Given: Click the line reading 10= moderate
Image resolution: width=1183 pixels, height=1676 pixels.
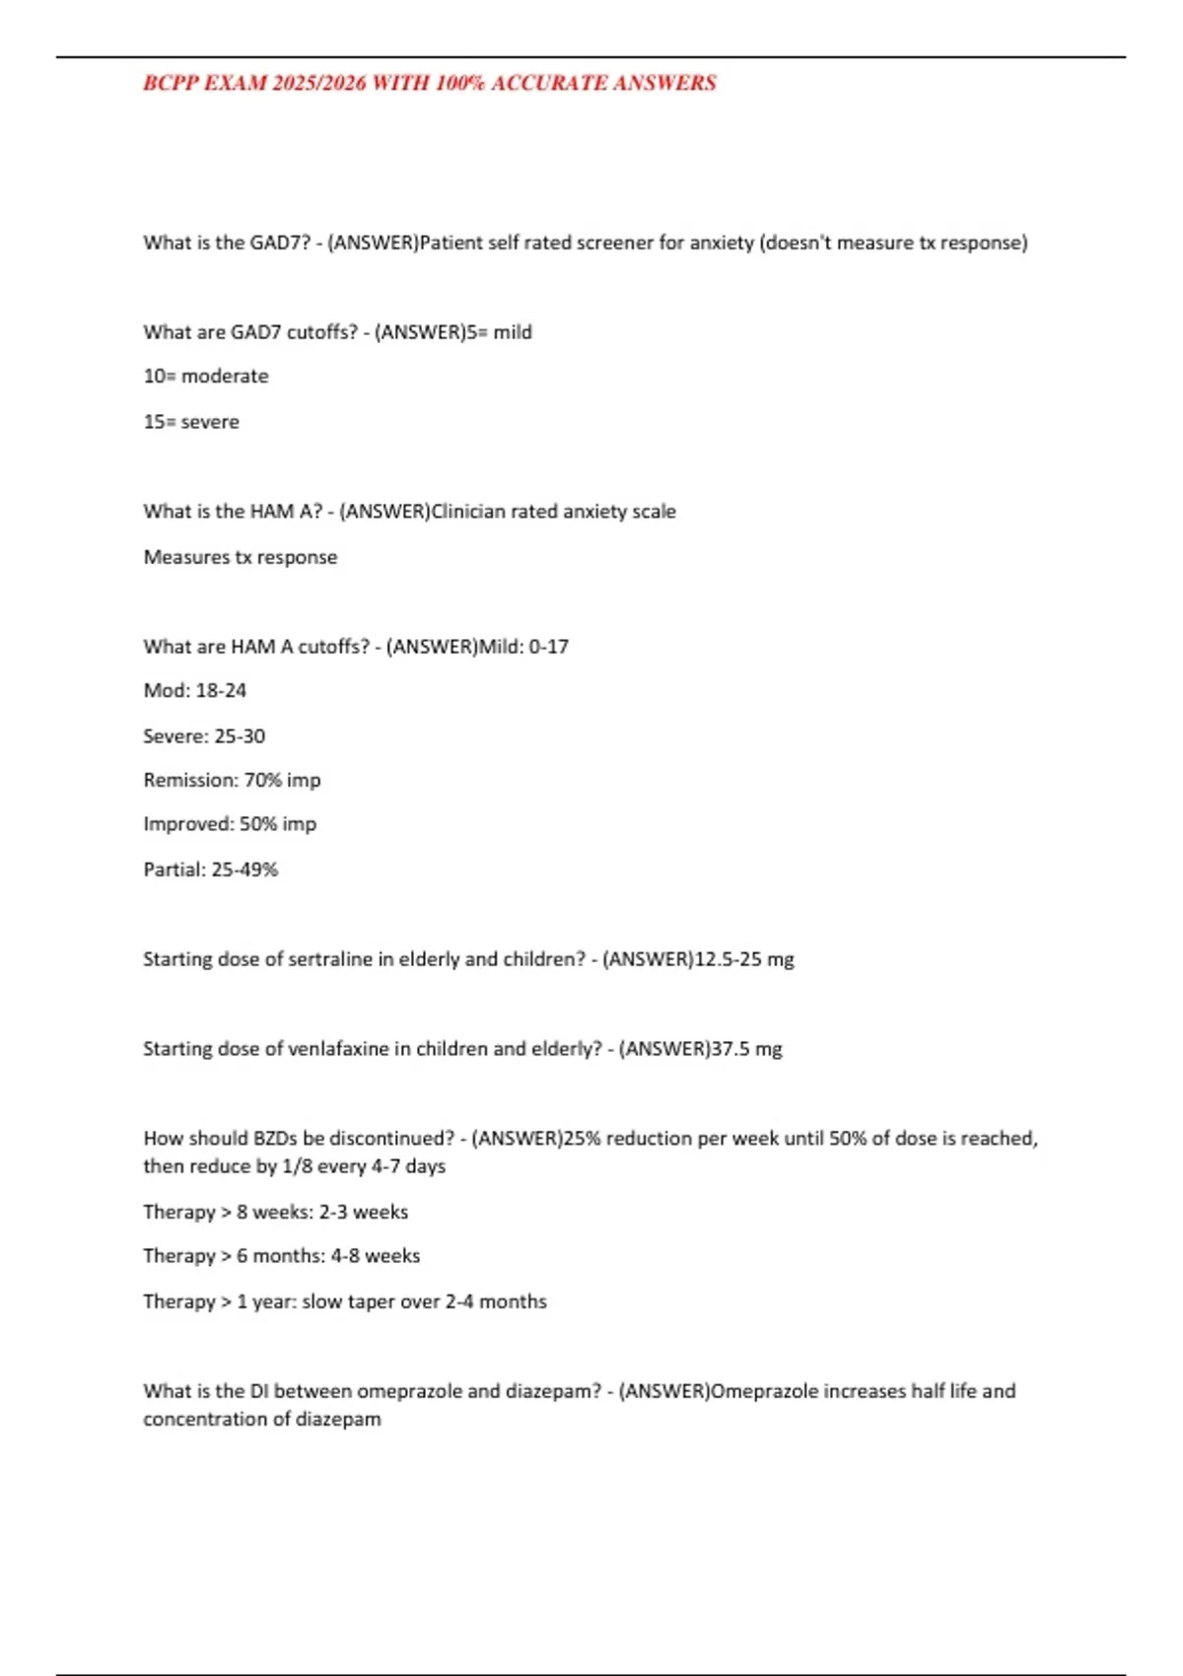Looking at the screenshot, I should tap(206, 376).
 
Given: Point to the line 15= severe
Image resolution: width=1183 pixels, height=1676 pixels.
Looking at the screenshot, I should tap(191, 421).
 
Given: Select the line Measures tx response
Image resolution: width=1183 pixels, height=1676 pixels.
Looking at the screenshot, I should tap(241, 557).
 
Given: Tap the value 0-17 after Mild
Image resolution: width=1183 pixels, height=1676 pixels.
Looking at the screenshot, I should tap(549, 647).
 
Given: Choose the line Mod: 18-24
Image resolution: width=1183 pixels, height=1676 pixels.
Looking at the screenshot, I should tap(195, 690).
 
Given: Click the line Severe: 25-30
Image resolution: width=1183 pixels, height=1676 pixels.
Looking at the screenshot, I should tap(204, 735).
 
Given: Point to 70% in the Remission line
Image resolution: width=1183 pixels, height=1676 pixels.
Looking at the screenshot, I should tap(263, 780).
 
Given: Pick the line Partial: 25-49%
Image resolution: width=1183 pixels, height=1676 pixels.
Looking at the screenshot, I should tap(211, 870).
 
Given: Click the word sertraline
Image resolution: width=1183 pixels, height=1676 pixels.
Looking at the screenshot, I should tap(330, 959).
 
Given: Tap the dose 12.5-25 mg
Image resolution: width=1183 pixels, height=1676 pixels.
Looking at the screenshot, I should tap(744, 959).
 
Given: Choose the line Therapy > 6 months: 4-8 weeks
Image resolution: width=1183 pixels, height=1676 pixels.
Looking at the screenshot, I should tap(282, 1256).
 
